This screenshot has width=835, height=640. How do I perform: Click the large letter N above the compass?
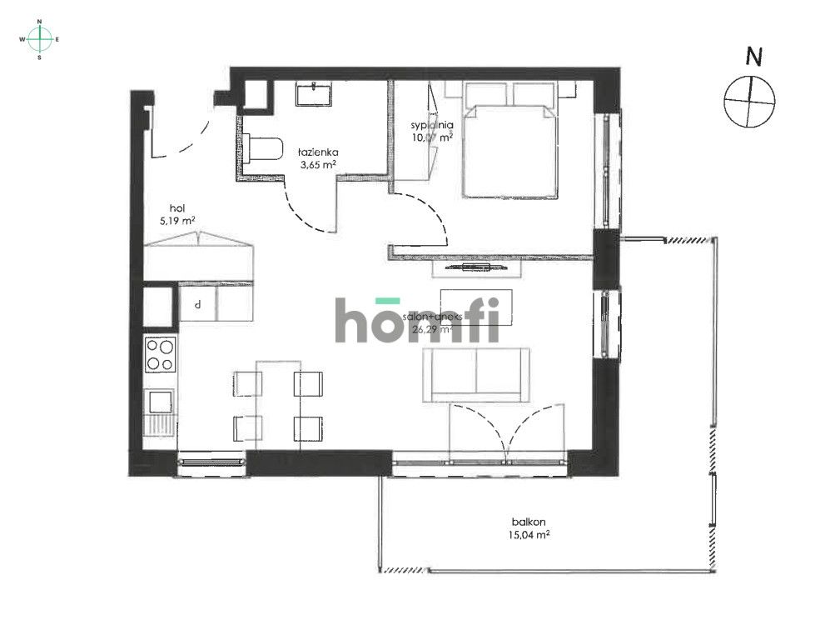[753, 57]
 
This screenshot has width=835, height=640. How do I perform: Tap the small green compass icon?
[39, 39]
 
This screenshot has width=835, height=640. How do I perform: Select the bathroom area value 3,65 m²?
[319, 165]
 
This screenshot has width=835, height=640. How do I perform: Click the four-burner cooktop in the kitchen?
[161, 355]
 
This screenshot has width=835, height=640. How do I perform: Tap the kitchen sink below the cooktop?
[159, 403]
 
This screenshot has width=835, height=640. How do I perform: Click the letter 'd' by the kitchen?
[197, 305]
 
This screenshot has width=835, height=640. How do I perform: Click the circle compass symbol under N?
[749, 102]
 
